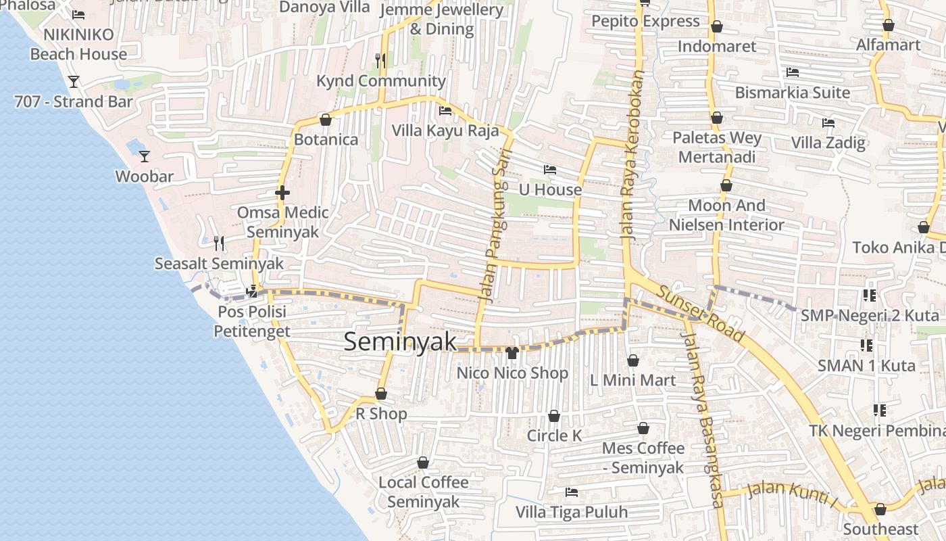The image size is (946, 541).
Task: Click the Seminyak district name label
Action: click(400, 342)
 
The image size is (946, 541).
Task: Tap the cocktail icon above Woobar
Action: click(145, 157)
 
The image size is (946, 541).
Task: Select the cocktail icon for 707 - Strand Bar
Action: click(74, 82)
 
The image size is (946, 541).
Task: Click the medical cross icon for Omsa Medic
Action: click(282, 193)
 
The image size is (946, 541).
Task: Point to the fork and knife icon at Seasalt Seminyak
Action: click(219, 243)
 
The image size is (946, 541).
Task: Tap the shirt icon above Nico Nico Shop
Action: click(512, 353)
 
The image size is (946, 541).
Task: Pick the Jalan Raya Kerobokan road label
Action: click(631, 156)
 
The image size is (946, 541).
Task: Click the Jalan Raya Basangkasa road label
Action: click(704, 419)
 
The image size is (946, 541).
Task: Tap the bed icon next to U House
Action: click(550, 170)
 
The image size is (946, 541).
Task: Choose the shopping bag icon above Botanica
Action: click(326, 120)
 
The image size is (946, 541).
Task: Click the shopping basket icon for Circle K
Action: click(554, 416)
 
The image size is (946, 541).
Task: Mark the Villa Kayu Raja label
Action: click(445, 131)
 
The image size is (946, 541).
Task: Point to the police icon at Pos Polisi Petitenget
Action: click(252, 292)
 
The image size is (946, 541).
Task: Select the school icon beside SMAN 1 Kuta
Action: click(867, 346)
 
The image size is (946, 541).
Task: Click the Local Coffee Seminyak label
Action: click(424, 492)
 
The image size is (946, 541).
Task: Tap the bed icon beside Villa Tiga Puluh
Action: click(572, 492)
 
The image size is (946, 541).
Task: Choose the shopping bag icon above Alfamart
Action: click(889, 25)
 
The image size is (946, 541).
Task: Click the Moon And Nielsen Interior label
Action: click(726, 215)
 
